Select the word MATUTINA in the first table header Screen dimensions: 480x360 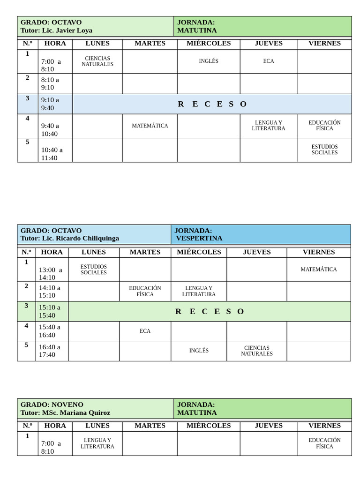coord(197,30)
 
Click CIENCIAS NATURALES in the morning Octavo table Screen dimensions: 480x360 coord(97,61)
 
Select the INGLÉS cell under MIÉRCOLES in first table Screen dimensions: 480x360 coord(209,61)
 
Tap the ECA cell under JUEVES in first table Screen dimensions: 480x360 coord(269,61)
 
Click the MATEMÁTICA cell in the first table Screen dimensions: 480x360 coord(150,126)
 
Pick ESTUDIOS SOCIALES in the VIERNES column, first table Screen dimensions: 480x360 coord(324,150)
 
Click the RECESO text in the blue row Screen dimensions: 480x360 coord(212,104)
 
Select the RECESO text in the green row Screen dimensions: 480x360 coord(210,311)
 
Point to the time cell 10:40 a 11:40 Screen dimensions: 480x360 coord(52,154)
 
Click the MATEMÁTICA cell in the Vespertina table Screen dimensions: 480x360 coord(319,270)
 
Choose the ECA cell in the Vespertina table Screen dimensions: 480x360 coord(145,331)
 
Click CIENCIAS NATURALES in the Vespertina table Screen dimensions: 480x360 coord(257,351)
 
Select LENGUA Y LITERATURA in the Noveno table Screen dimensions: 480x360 coord(97,443)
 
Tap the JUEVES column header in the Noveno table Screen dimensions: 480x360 coord(269,426)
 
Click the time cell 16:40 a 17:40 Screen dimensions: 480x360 coord(50,351)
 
